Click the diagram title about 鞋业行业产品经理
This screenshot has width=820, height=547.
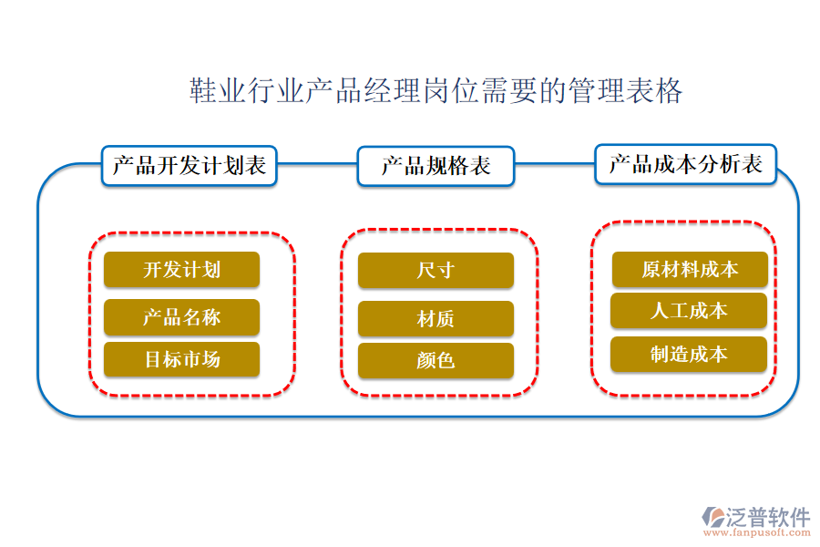436,91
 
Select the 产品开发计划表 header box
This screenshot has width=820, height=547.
190,166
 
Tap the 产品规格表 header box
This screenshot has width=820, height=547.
436,166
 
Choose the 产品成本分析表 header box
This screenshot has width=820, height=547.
685,164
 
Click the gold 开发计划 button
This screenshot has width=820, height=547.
181,270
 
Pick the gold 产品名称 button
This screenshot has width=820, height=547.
181,317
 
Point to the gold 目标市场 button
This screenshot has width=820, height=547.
181,359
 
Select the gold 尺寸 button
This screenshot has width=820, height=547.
436,271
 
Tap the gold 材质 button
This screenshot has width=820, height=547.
436,319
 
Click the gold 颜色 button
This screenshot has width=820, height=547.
436,361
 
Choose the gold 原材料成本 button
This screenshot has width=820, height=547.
689,270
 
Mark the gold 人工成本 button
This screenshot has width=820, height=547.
689,311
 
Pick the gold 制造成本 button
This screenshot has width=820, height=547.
689,354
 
